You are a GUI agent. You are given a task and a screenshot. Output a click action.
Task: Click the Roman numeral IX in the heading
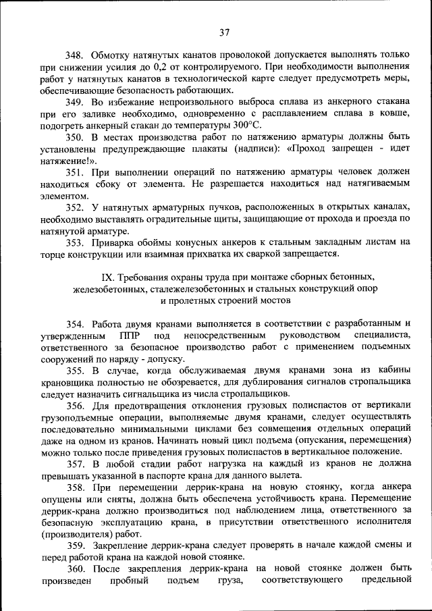click(x=107, y=277)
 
